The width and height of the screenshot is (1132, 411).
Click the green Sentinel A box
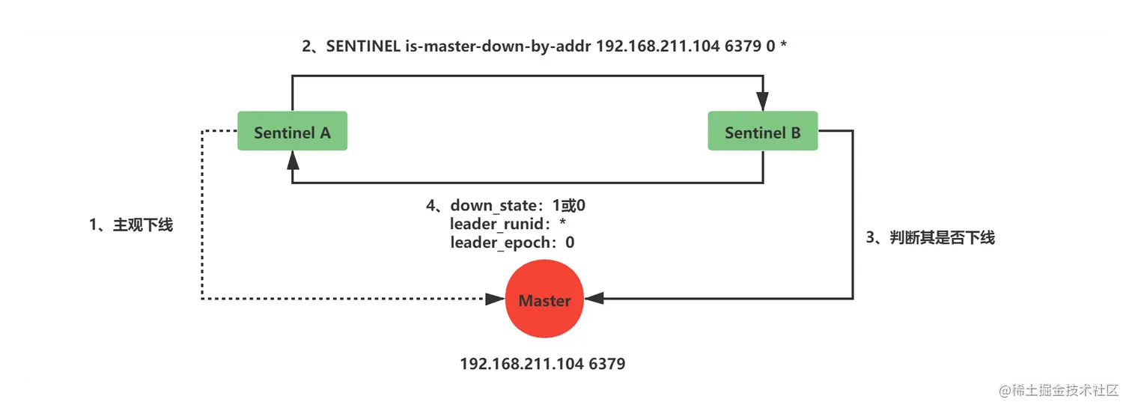click(292, 132)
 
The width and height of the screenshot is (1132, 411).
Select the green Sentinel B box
click(762, 132)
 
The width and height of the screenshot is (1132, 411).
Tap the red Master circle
click(544, 300)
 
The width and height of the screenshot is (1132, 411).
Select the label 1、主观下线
click(131, 225)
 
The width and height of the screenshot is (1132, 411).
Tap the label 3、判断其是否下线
click(930, 237)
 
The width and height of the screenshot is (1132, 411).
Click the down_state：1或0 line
click(511, 205)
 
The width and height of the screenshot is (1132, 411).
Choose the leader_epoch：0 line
click(512, 243)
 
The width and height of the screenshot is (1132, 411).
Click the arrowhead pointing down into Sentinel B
click(763, 103)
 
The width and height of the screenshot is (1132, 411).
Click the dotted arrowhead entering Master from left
click(494, 299)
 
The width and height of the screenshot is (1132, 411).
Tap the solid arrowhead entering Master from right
click(594, 299)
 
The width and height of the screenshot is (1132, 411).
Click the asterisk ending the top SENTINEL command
click(783, 46)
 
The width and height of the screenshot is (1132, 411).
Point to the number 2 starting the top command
click(306, 46)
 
